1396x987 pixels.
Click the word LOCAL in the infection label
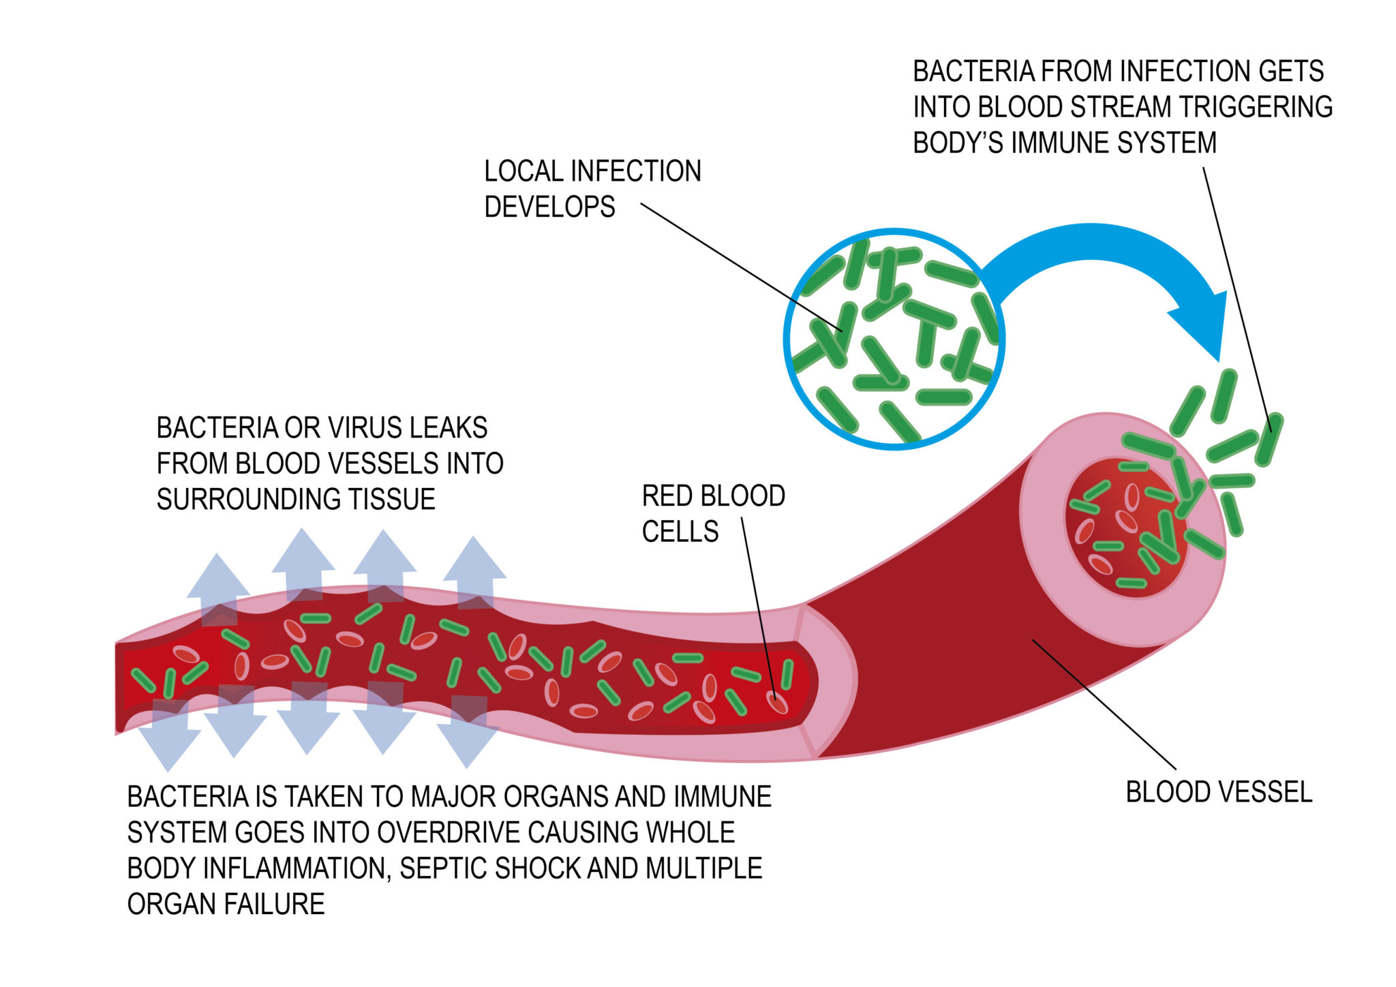pos(523,171)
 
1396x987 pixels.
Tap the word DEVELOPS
pos(549,207)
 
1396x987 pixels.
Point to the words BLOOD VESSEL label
pos(1219,792)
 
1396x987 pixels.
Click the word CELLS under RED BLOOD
pos(680,532)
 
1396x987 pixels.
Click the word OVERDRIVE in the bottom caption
pos(449,833)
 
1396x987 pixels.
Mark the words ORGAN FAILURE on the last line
pos(226,905)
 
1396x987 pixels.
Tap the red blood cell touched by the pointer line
pos(777,703)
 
